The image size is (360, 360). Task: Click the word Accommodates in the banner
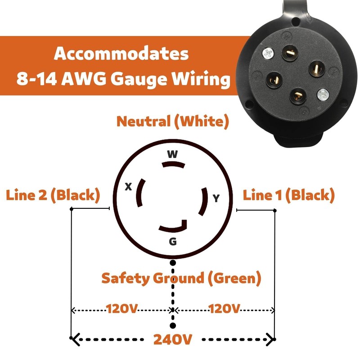tap(121, 54)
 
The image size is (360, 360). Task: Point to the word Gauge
tap(148, 80)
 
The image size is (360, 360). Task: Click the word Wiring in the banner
tap(205, 80)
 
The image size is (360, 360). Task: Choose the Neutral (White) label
tap(173, 121)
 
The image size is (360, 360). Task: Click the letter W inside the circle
tap(172, 154)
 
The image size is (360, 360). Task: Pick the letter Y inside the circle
tap(216, 198)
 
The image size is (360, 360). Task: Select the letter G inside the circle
tap(172, 242)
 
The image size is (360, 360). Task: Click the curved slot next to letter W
tap(173, 165)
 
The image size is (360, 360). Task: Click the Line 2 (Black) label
tap(52, 195)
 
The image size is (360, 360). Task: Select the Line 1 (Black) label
tap(289, 195)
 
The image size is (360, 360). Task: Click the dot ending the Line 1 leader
tap(275, 210)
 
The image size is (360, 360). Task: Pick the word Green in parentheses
tap(234, 278)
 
